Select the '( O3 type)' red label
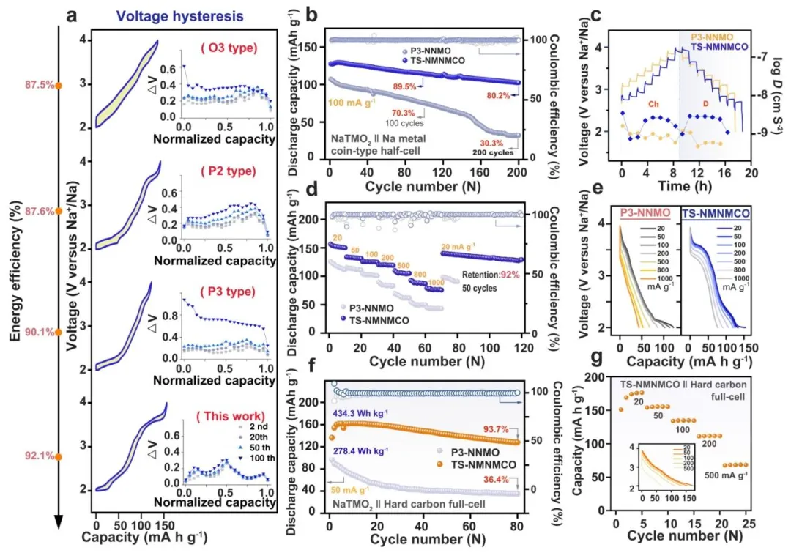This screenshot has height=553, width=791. point(229,48)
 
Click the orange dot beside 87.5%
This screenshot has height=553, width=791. point(60,85)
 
